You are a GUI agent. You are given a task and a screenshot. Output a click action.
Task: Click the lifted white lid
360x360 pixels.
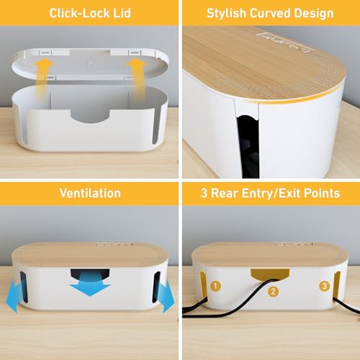coord(89,60)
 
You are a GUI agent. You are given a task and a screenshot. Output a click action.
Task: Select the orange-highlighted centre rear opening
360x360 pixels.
coord(270,276)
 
